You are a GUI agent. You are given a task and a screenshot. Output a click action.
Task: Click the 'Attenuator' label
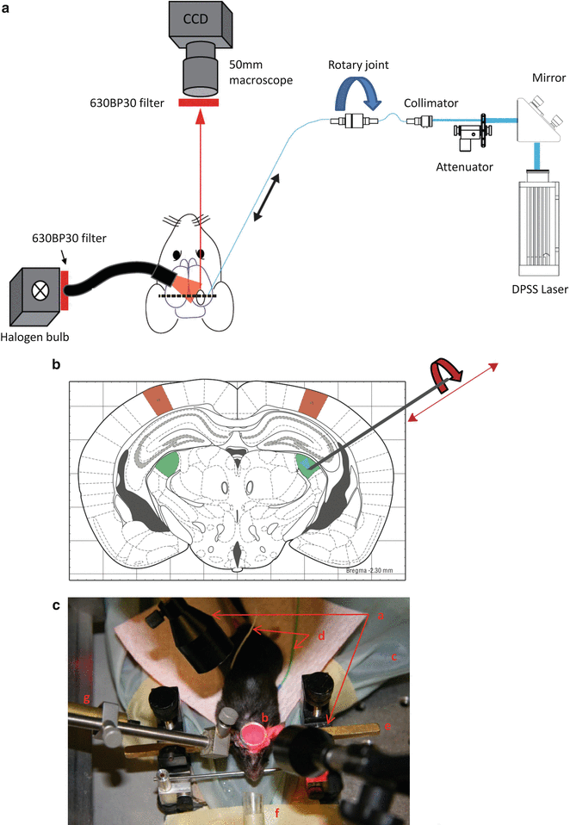pos(464,166)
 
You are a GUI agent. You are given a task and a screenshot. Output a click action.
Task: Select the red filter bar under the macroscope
pos(199,102)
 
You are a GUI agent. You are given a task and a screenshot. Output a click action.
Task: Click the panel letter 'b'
pos(57,367)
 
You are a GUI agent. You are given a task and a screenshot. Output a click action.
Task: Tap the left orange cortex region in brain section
pos(158,399)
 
